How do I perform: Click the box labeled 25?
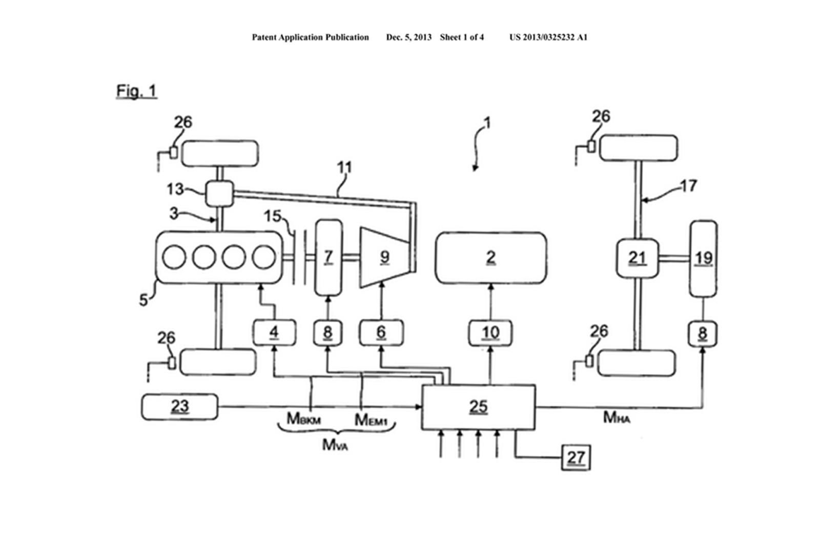[478, 407]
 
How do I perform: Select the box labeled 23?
[179, 407]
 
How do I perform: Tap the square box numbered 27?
[576, 457]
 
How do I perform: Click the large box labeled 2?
[490, 258]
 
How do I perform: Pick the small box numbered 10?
[490, 333]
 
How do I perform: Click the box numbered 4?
[274, 333]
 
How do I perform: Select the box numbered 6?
[381, 333]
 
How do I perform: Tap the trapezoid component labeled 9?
[384, 258]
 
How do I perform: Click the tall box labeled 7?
[328, 258]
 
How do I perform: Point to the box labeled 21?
[637, 258]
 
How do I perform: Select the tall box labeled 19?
[703, 258]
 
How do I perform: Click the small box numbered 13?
[219, 193]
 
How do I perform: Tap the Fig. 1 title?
[136, 91]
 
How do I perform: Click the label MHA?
[616, 417]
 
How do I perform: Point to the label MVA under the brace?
[335, 445]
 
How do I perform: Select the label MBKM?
[303, 419]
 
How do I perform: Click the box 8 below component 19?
[702, 333]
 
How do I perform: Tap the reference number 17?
[688, 185]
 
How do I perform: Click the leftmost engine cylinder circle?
[174, 257]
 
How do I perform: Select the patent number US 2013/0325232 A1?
[548, 37]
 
